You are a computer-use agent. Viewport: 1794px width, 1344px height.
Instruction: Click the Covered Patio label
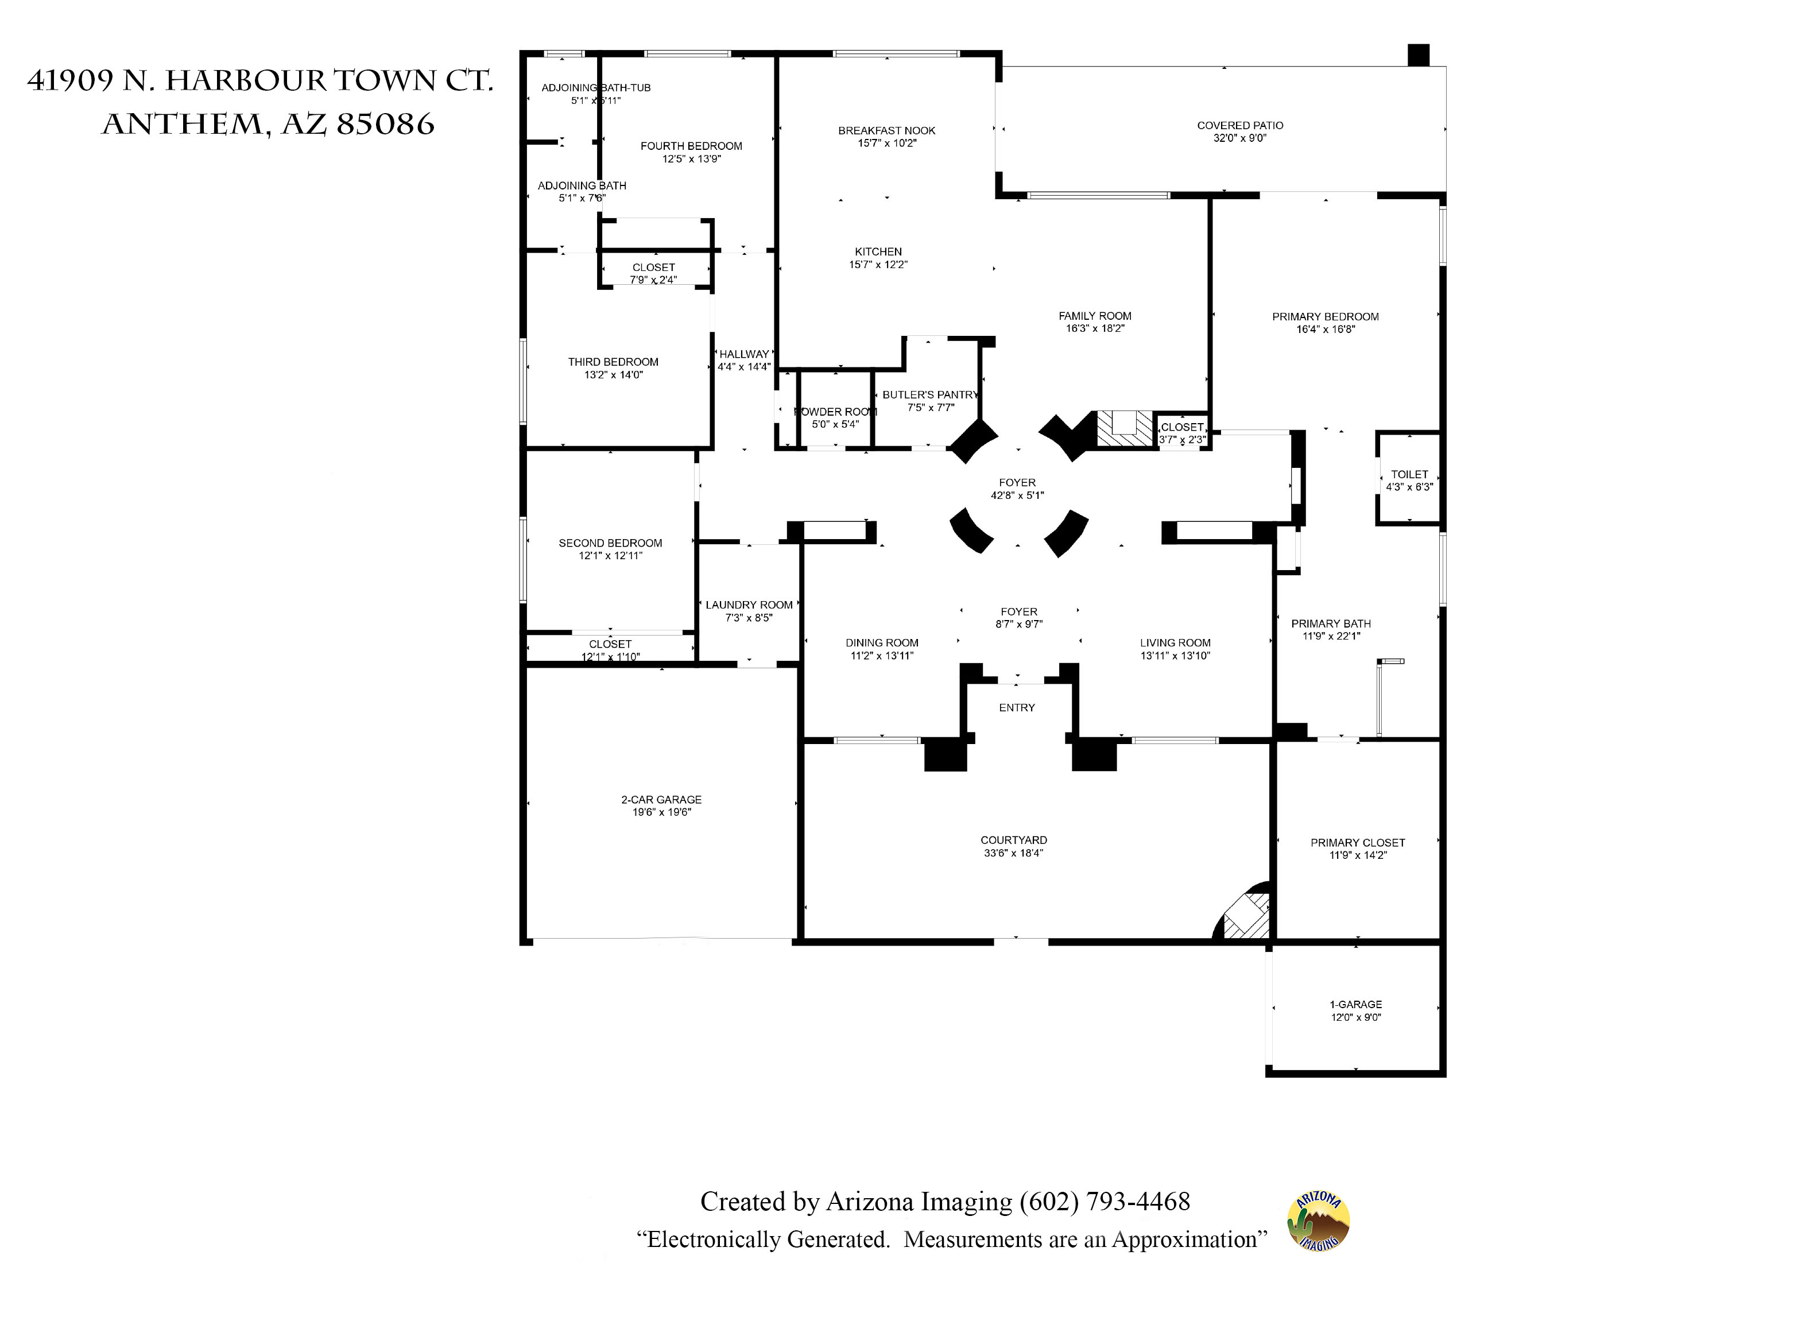pyautogui.click(x=1240, y=126)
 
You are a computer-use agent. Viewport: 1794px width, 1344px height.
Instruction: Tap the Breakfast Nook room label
pyautogui.click(x=886, y=130)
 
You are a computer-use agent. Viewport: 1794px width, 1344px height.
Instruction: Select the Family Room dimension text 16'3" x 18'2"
pyautogui.click(x=1095, y=328)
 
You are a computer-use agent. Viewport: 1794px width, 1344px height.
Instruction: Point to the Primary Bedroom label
pyautogui.click(x=1325, y=316)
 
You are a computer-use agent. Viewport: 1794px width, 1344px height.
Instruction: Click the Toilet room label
pyautogui.click(x=1409, y=474)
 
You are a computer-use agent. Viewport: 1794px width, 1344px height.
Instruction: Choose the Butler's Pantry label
pyautogui.click(x=930, y=395)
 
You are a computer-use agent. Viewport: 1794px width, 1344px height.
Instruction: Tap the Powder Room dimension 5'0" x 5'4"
pyautogui.click(x=835, y=424)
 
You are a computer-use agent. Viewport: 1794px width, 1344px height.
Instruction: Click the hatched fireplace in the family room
pyautogui.click(x=1125, y=428)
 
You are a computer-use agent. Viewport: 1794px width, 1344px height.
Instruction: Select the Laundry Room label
pyautogui.click(x=749, y=605)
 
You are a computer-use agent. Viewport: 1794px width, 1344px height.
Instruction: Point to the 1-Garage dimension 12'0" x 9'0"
pyautogui.click(x=1356, y=1017)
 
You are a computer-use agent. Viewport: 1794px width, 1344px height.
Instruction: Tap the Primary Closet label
pyautogui.click(x=1358, y=843)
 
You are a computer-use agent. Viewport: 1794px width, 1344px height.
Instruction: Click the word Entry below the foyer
pyautogui.click(x=1017, y=708)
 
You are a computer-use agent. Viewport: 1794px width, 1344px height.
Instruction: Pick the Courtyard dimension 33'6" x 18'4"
pyautogui.click(x=1014, y=853)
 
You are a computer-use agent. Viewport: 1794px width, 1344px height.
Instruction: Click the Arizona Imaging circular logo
pyautogui.click(x=1318, y=1222)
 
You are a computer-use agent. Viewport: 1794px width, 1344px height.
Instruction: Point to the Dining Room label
pyautogui.click(x=882, y=643)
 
